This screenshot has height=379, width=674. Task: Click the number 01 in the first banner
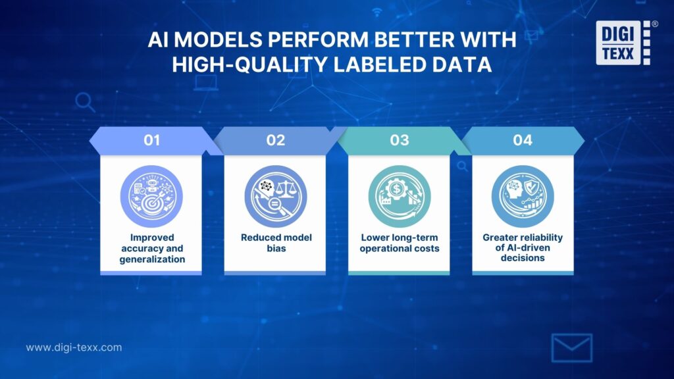point(151,140)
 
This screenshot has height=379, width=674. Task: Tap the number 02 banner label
point(275,140)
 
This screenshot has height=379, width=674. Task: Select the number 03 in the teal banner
point(399,140)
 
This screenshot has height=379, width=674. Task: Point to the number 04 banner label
point(523,140)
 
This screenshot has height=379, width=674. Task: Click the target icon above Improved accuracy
point(151,196)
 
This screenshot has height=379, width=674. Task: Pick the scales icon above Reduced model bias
point(275,196)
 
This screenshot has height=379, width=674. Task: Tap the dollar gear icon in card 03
point(399,196)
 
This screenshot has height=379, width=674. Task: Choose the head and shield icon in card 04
point(523,196)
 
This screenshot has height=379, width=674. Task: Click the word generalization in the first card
point(152,259)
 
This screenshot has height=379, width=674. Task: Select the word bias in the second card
point(275,249)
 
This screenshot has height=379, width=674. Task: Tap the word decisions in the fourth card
point(523,259)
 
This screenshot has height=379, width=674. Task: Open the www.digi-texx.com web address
point(74,347)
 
